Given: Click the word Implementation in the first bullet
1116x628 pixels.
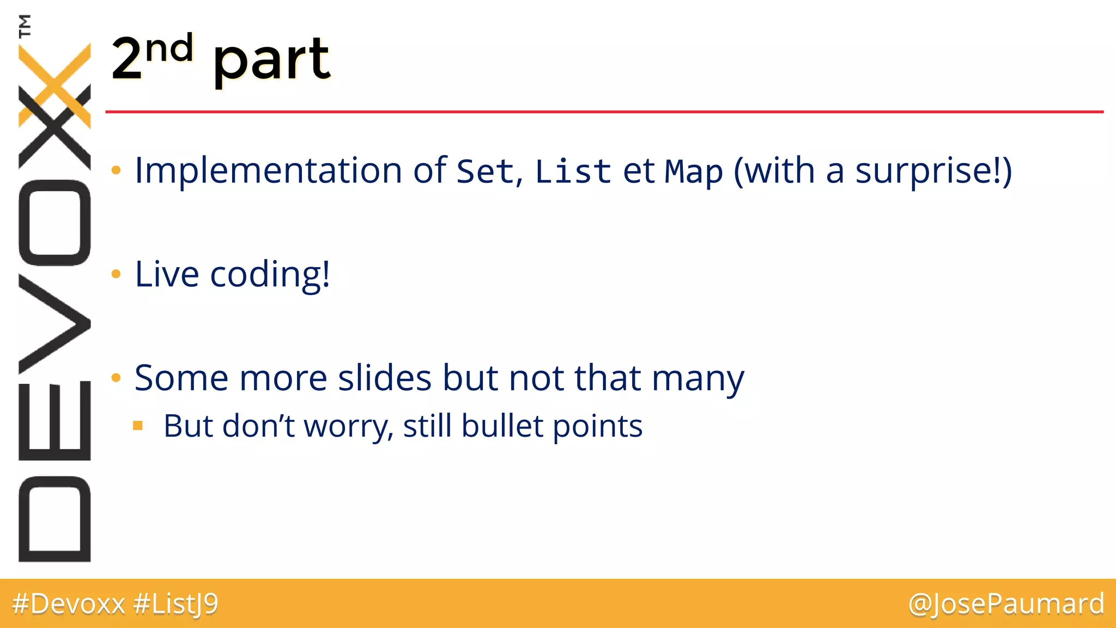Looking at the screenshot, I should tap(269, 171).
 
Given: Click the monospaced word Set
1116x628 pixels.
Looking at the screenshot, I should tap(485, 172).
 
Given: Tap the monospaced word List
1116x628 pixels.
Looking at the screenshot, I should tap(573, 172).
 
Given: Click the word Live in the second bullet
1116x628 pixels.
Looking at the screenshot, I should tap(167, 274).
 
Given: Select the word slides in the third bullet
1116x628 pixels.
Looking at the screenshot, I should tap(385, 378).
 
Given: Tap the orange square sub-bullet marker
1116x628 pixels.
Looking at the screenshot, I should tap(138, 425).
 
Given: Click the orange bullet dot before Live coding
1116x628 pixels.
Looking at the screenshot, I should tap(116, 274).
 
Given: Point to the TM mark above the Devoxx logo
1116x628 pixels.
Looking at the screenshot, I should tap(25, 26).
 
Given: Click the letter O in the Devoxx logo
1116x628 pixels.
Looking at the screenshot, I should tap(54, 222).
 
